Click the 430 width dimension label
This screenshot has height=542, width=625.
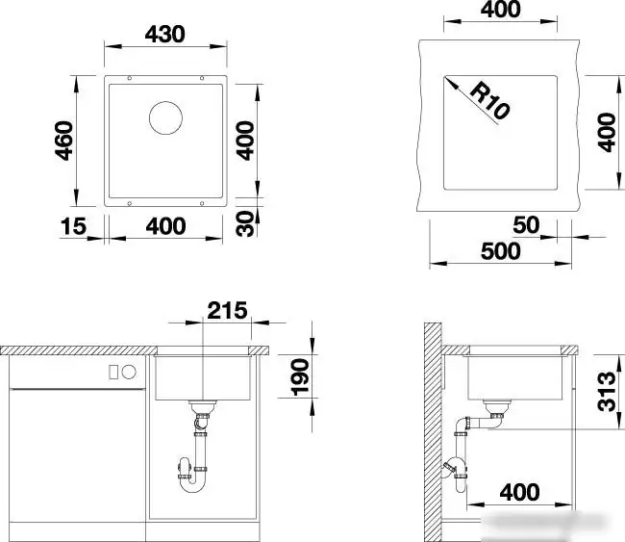tap(165, 35)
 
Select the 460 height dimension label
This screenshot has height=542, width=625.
tap(64, 141)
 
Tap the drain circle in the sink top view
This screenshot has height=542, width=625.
tap(165, 117)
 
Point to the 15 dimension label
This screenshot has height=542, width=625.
tap(73, 226)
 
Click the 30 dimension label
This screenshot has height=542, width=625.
tap(245, 223)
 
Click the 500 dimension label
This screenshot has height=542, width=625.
tap(501, 251)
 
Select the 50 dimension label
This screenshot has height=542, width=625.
tap(526, 224)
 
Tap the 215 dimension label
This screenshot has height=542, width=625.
tap(227, 310)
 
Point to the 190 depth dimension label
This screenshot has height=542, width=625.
tap(300, 377)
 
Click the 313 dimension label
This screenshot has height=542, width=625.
tap(607, 392)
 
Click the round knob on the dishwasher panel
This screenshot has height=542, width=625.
tap(129, 372)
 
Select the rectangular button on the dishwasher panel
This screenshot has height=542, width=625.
tap(113, 372)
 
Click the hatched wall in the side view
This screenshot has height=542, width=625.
tap(433, 431)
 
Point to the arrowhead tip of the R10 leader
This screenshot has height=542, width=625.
tap(444, 77)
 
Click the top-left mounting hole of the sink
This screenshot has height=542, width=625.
tap(129, 78)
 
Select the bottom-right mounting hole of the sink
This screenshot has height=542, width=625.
tap(202, 203)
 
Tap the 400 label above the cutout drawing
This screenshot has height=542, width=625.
tap(500, 10)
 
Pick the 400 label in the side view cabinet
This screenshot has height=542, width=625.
tap(520, 492)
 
